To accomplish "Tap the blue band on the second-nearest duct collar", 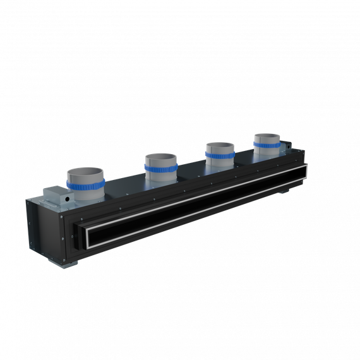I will [160, 167].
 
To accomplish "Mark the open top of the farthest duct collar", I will [267, 136].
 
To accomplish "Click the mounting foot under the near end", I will [73, 260].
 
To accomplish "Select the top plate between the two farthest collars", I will [244, 159].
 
